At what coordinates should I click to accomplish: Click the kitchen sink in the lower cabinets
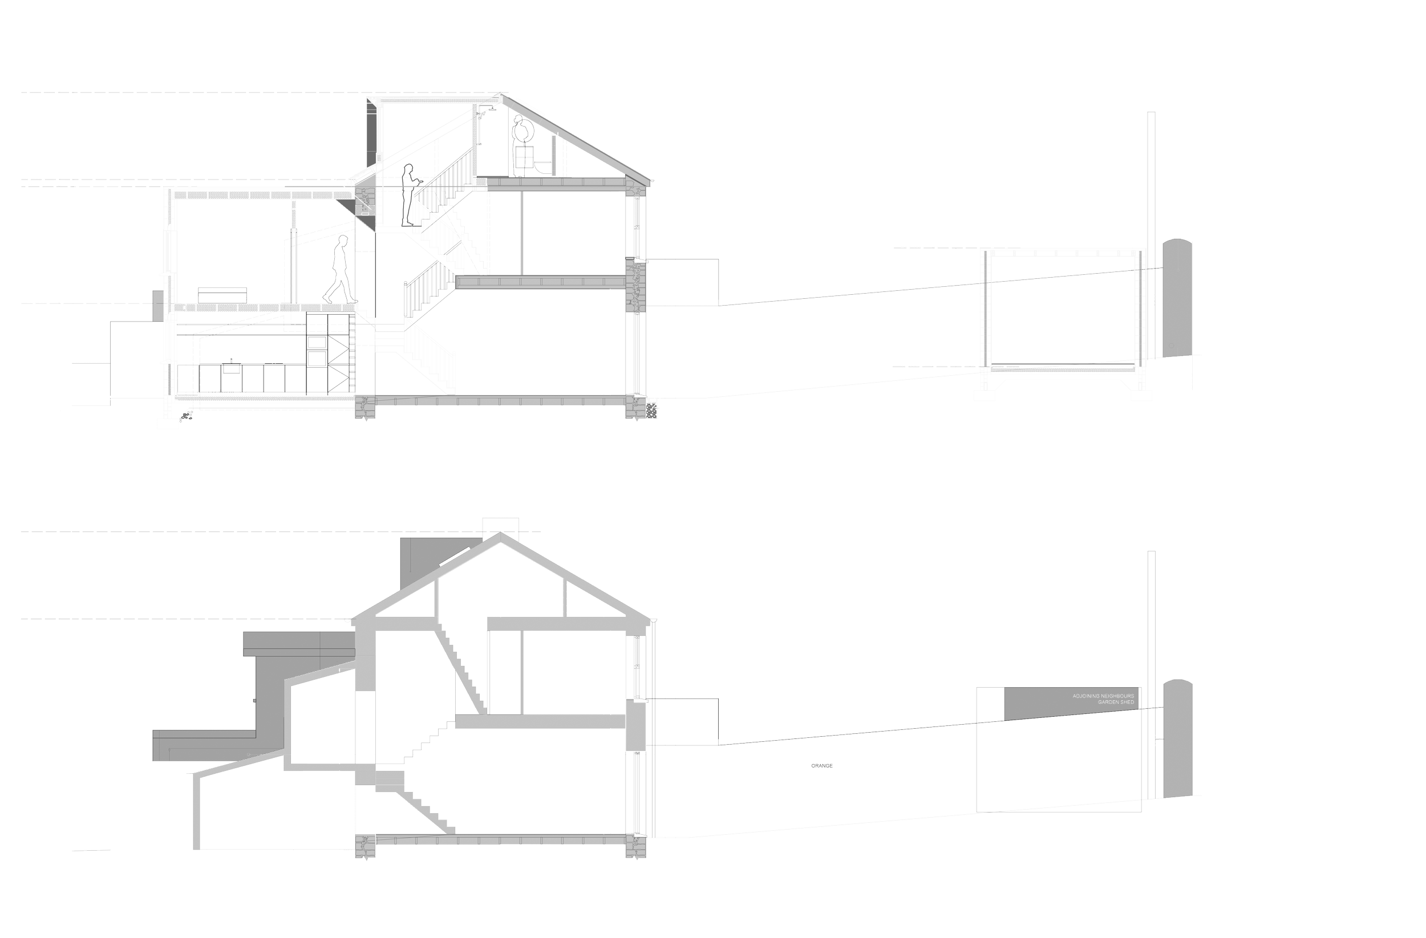(x=230, y=367)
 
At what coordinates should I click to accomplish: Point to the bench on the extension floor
(x=222, y=295)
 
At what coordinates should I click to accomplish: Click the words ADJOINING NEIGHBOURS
(x=1103, y=697)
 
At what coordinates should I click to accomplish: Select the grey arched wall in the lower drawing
(x=1177, y=740)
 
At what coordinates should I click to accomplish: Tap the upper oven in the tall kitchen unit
(x=317, y=343)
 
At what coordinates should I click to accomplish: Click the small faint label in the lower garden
(x=822, y=765)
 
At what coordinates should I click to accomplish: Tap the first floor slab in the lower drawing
(x=539, y=721)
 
